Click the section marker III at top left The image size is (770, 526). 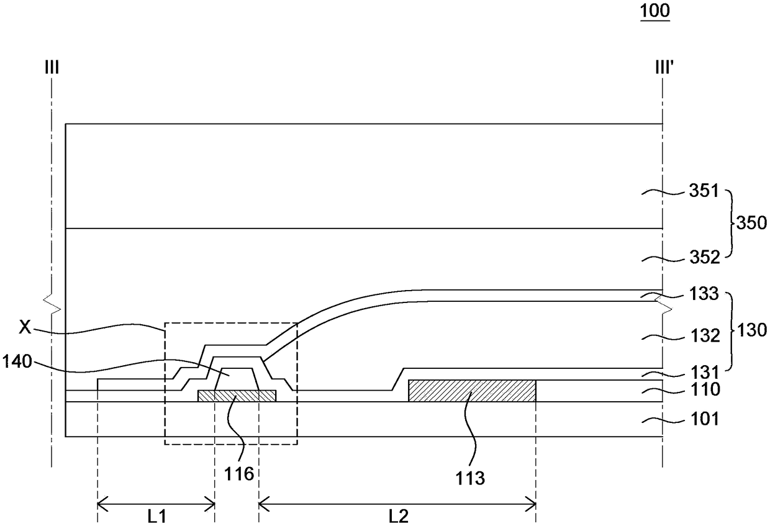point(52,67)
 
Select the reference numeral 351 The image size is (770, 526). point(701,193)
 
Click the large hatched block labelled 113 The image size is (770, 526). point(471,391)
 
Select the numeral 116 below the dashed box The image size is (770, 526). point(240,475)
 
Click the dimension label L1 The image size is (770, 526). point(155,516)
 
